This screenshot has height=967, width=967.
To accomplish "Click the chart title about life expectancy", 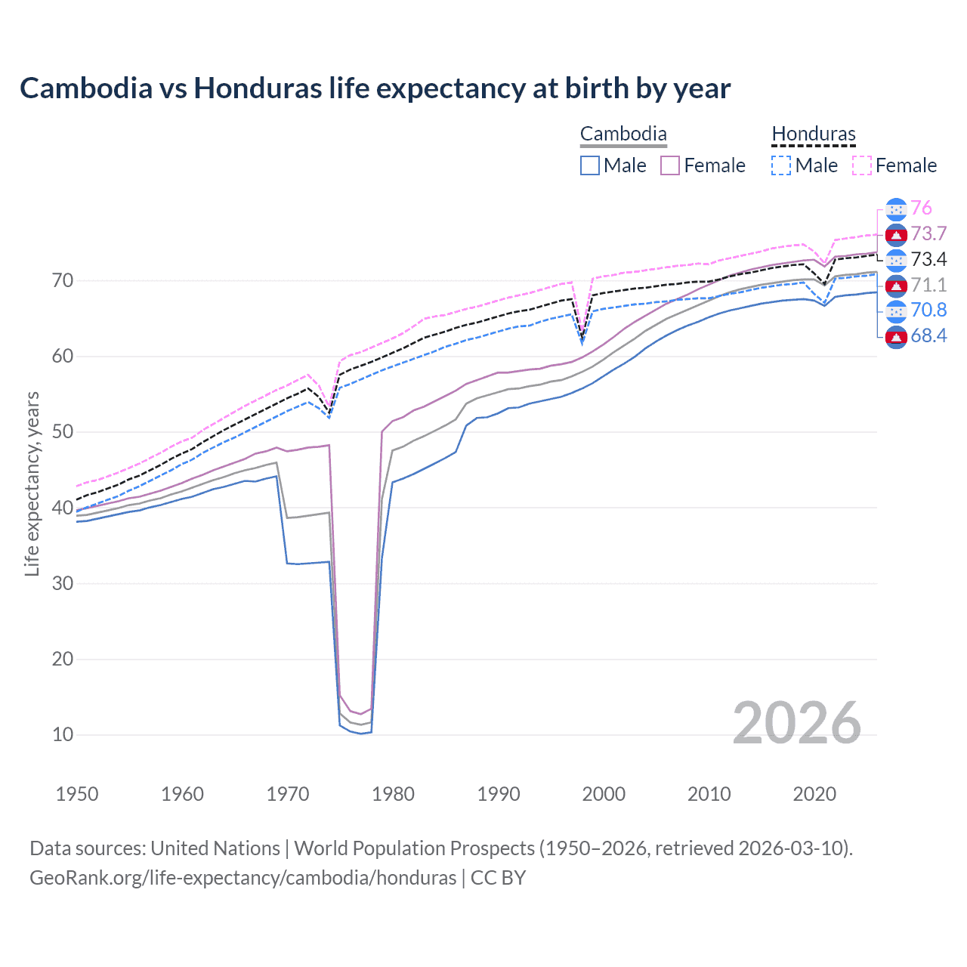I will tap(375, 88).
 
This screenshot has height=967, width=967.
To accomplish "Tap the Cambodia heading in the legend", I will tap(623, 134).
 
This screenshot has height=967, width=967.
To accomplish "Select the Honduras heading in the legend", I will tap(814, 134).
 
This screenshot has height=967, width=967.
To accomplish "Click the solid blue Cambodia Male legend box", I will tap(590, 165).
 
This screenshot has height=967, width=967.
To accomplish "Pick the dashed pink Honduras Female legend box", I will tap(862, 165).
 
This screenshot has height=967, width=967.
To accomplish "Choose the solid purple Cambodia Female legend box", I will tap(670, 165).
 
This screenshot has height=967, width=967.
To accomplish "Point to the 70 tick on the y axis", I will tap(63, 281).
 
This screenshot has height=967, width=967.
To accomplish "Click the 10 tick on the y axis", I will tap(63, 734).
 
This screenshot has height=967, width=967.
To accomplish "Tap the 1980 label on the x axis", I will tap(393, 794).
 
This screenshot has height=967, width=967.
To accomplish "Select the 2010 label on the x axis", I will tap(709, 794).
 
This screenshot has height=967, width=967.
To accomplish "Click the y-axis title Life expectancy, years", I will tap(32, 483).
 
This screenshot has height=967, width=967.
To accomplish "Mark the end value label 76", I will tap(921, 209).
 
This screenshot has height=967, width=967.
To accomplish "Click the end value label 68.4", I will tap(928, 336).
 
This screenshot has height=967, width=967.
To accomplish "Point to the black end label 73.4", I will tap(928, 260).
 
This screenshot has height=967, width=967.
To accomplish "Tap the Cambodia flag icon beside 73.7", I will tap(896, 234).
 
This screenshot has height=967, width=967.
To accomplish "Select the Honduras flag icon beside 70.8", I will tap(896, 310).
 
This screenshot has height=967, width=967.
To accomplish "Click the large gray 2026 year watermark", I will tap(797, 723).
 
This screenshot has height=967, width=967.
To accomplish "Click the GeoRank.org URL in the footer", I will tap(243, 878).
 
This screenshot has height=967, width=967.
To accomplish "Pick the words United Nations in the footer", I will tap(215, 848).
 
